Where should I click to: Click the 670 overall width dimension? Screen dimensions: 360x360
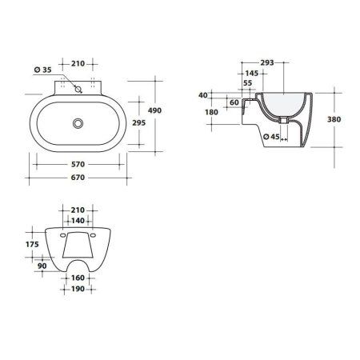(78, 176)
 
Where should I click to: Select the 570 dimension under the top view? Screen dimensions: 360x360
(78, 163)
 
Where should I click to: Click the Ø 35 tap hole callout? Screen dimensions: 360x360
(44, 71)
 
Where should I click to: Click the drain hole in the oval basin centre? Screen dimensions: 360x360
(78, 123)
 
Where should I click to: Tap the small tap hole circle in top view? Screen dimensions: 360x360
(78, 90)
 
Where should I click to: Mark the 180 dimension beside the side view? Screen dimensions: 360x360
(211, 112)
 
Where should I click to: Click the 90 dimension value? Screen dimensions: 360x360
(42, 266)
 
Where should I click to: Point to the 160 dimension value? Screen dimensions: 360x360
(78, 279)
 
